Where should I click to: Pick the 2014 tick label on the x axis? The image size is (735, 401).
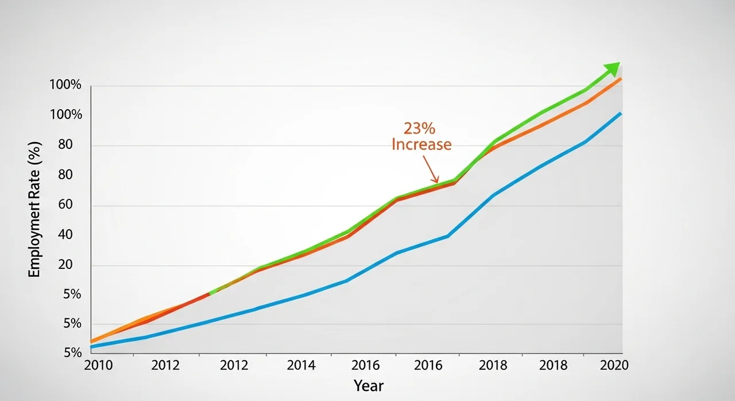pos(301,365)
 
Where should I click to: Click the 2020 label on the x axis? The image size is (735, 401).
pos(614,365)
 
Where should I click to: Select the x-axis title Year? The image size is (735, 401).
pos(368,385)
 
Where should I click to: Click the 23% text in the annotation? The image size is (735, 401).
pos(420,128)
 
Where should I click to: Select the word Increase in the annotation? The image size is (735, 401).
pos(421,144)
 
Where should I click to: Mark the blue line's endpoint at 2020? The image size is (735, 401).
pos(621,113)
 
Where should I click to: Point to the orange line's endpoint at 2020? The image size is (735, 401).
pos(621,78)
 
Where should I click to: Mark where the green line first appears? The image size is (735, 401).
pos(211,293)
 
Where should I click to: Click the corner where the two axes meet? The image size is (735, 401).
pos(91,353)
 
